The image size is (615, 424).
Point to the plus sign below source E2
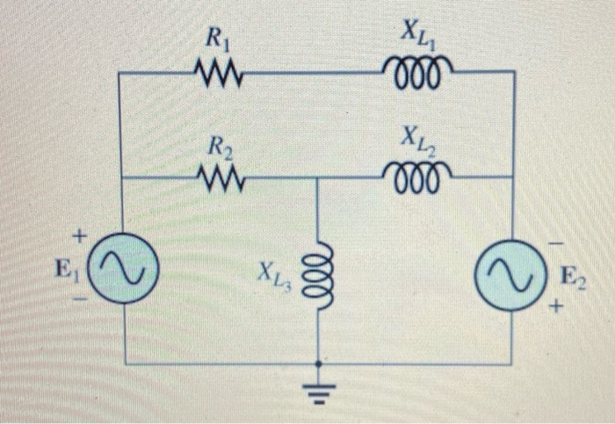pyautogui.click(x=554, y=309)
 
